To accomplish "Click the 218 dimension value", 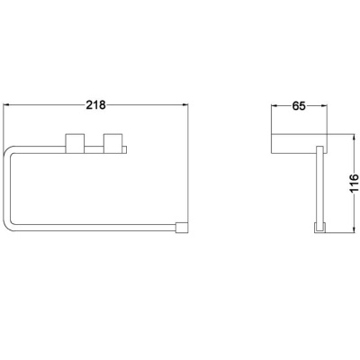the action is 96,105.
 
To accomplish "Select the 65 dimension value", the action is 299,106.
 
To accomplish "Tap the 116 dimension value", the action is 354,183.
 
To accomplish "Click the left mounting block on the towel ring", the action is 75,143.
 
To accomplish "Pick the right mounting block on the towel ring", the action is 113,143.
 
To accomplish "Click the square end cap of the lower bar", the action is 182,228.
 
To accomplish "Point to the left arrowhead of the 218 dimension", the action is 6,104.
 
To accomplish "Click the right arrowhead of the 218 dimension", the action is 184,104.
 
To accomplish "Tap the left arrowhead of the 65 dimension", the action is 274,105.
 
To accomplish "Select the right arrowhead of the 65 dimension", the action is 323,105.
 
